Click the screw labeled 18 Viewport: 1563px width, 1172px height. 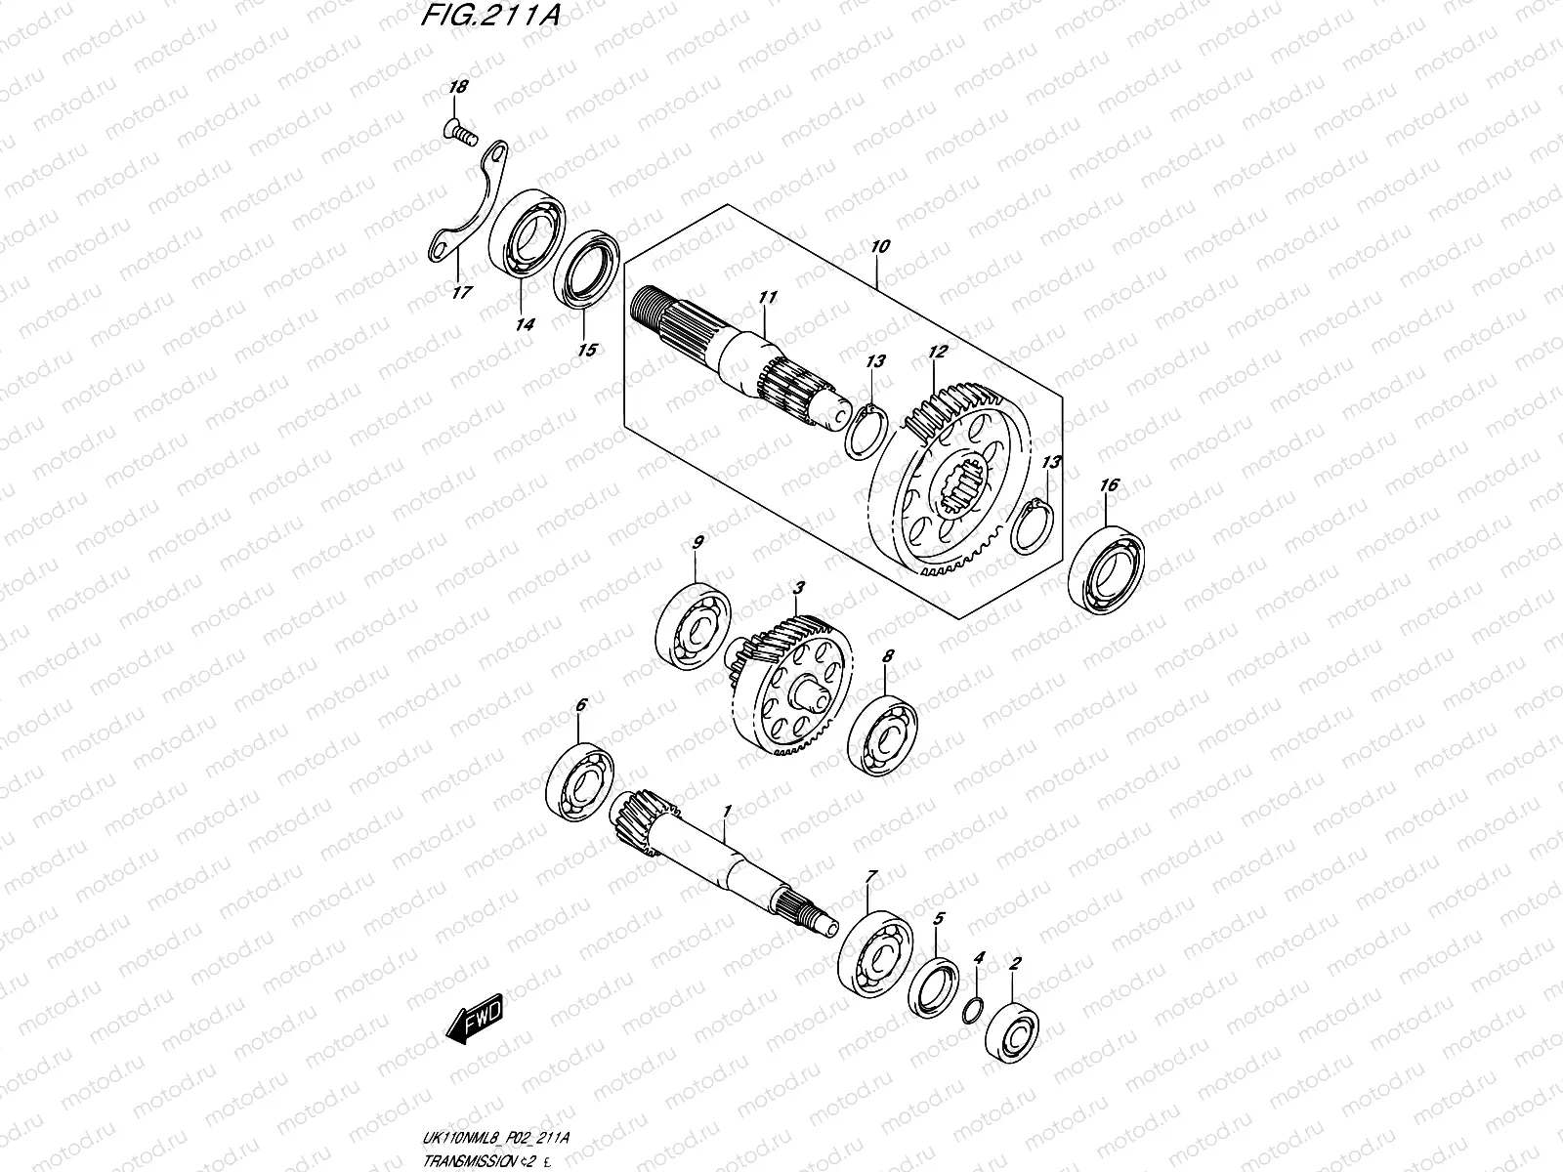click(x=459, y=127)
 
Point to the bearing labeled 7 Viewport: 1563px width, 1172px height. click(x=874, y=947)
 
